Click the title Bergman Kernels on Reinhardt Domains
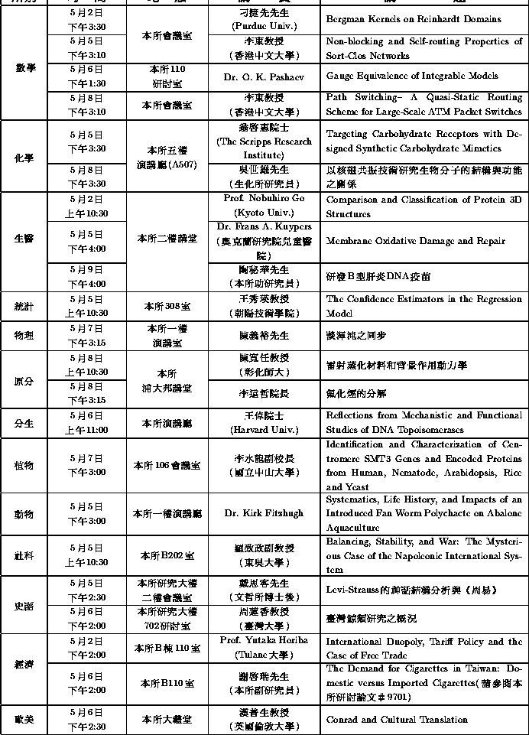coord(413,19)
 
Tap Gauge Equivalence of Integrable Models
coord(411,76)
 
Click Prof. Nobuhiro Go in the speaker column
coord(264,199)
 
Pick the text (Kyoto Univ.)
coord(264,213)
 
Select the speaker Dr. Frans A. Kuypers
coord(264,227)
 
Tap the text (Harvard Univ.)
coord(264,430)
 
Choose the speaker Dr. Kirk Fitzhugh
coord(264,513)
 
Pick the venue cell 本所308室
coord(167,306)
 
